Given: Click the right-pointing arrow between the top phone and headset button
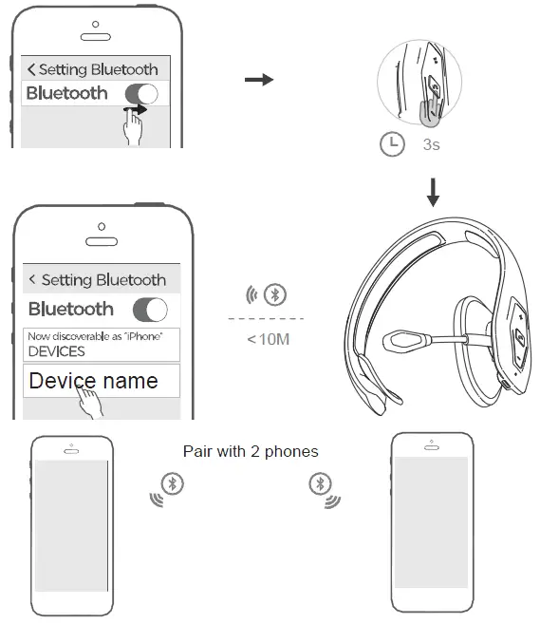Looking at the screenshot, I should click(x=258, y=80).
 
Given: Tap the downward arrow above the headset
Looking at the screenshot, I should click(x=433, y=193).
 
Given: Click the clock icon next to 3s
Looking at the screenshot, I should click(x=391, y=144).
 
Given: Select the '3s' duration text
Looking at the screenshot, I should click(x=430, y=145).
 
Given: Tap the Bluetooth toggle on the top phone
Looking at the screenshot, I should click(x=141, y=93).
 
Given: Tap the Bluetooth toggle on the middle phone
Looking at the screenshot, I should click(x=150, y=310).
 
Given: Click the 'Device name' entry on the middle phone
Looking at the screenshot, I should click(x=92, y=382).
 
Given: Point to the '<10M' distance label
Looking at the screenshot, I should click(x=269, y=338).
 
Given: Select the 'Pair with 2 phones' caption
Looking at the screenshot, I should click(x=251, y=451).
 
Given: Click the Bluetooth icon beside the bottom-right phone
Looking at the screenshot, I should click(x=319, y=483).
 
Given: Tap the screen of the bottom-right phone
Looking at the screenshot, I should click(x=431, y=524).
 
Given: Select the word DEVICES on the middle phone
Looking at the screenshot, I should click(x=57, y=351).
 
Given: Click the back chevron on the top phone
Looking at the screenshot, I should click(x=32, y=69).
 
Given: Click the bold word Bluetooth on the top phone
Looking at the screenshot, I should click(x=66, y=93).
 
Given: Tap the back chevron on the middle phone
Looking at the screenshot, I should click(x=33, y=279).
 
